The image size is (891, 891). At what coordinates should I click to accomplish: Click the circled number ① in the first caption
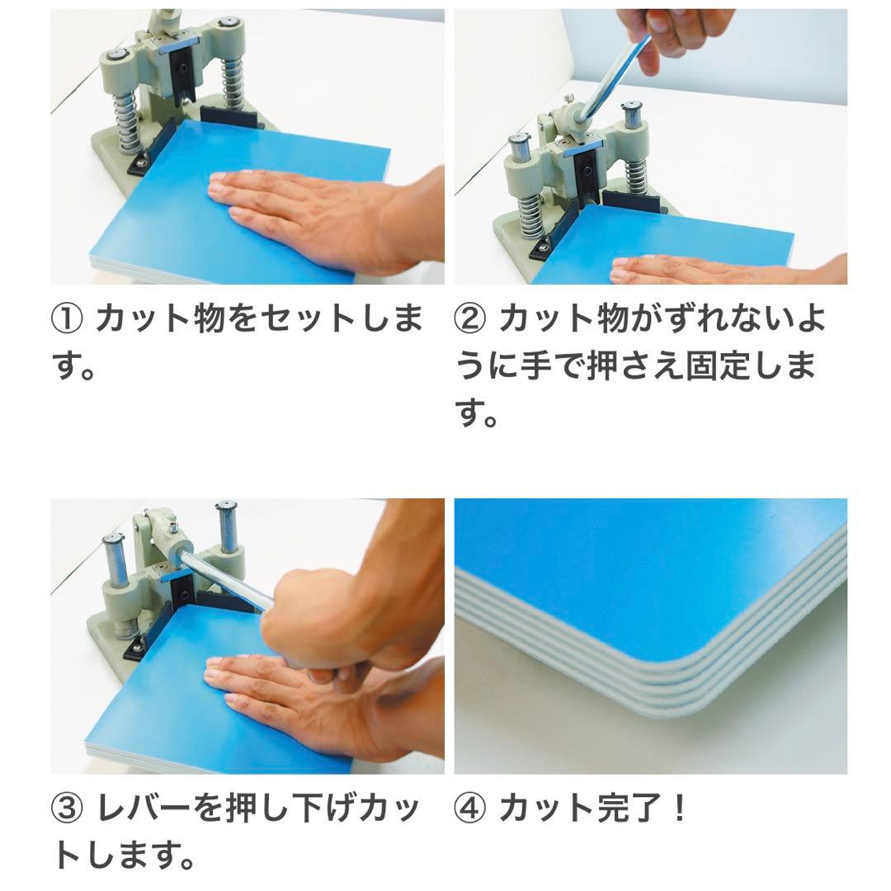click(x=68, y=318)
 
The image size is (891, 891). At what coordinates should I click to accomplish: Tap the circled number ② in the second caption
click(x=472, y=318)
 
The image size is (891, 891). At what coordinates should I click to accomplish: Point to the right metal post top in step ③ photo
click(x=225, y=507)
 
